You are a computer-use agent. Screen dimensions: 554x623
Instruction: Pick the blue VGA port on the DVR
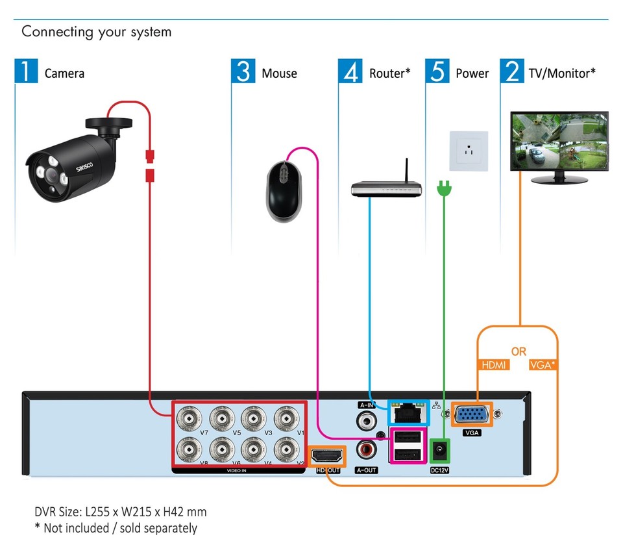[472, 415]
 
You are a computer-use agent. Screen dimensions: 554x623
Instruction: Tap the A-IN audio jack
[367, 421]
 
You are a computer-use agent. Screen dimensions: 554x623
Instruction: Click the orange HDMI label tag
[493, 365]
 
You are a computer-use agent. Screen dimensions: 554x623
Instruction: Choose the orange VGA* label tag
[543, 365]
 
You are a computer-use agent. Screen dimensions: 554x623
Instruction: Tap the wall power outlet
[469, 151]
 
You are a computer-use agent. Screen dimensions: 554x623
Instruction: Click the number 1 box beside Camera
[26, 71]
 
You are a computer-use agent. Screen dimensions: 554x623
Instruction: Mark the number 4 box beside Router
[350, 71]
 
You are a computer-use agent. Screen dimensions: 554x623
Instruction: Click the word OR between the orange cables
[519, 351]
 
